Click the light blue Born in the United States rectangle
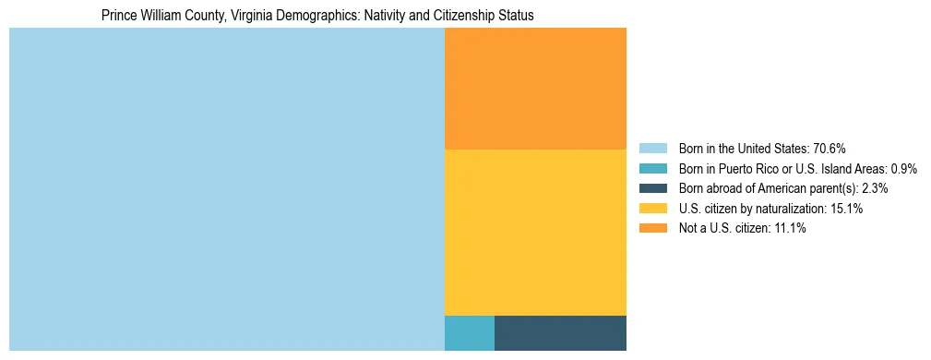coord(226,189)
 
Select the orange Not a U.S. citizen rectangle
coord(535,89)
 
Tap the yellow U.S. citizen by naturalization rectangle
coord(535,232)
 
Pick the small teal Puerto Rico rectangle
coord(469,333)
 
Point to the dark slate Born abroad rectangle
coord(560,333)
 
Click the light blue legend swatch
coord(652,149)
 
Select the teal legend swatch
coord(652,169)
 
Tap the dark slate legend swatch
coord(652,188)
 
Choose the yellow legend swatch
coord(652,209)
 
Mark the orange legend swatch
coord(652,229)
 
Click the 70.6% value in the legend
coord(830,149)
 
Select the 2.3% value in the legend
coord(873,188)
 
